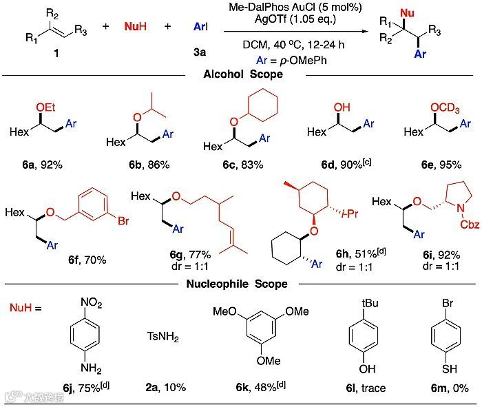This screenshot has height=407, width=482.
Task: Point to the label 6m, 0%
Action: point(443,388)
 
